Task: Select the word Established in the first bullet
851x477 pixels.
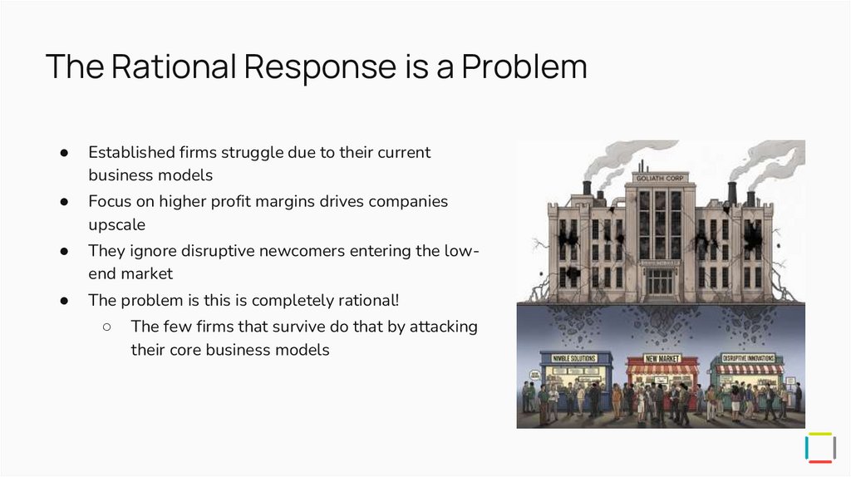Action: pyautogui.click(x=130, y=153)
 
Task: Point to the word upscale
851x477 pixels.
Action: pyautogui.click(x=118, y=225)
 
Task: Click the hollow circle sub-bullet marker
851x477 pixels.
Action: pyautogui.click(x=107, y=327)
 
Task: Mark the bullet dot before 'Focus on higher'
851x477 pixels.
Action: pyautogui.click(x=63, y=202)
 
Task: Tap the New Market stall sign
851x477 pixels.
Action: pyautogui.click(x=662, y=358)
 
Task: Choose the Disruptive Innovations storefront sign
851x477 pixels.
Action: pyautogui.click(x=749, y=358)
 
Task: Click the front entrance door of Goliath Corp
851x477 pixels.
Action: pyautogui.click(x=661, y=282)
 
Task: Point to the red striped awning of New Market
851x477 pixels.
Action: pyautogui.click(x=662, y=369)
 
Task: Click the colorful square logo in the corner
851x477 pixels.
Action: pyautogui.click(x=820, y=447)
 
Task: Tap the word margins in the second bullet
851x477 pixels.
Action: pyautogui.click(x=332, y=202)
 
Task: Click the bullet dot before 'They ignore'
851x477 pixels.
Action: pyautogui.click(x=63, y=251)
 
